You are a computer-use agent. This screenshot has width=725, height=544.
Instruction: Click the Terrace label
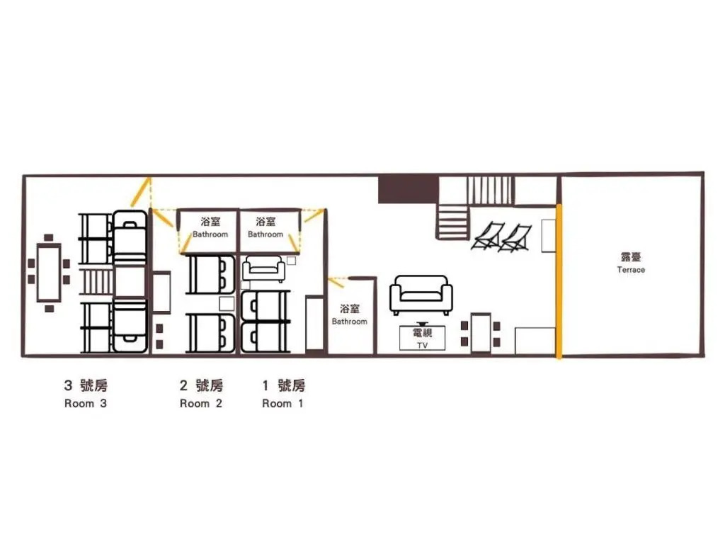click(631, 262)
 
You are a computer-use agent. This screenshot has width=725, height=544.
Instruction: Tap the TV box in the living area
click(422, 338)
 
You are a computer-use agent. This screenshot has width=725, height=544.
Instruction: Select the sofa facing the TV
click(421, 295)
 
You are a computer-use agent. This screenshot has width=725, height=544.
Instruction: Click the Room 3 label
click(86, 394)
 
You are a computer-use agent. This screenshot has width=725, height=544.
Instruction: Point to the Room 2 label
click(201, 394)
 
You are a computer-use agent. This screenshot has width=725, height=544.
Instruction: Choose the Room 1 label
click(283, 394)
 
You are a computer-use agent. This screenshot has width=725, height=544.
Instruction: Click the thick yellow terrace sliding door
click(559, 281)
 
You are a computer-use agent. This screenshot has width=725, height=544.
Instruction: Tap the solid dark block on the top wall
click(409, 190)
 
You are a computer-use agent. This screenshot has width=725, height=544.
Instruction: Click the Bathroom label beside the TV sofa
click(350, 314)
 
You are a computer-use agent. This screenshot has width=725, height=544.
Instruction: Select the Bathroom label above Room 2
click(210, 227)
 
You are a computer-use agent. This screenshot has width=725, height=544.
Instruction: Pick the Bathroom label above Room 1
click(266, 227)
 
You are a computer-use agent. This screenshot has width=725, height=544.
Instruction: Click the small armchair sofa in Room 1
click(263, 268)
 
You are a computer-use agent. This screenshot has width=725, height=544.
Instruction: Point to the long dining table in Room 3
click(49, 273)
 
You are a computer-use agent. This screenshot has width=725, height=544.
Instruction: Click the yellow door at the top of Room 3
click(141, 191)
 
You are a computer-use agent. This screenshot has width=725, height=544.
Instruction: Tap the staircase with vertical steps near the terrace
click(490, 191)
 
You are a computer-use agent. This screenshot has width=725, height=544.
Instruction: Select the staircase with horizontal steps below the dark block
click(452, 222)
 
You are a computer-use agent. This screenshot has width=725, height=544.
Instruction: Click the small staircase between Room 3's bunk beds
click(96, 282)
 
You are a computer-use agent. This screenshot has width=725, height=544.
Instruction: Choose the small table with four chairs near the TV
click(481, 333)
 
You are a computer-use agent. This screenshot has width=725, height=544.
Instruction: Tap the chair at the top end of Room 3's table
click(49, 238)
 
